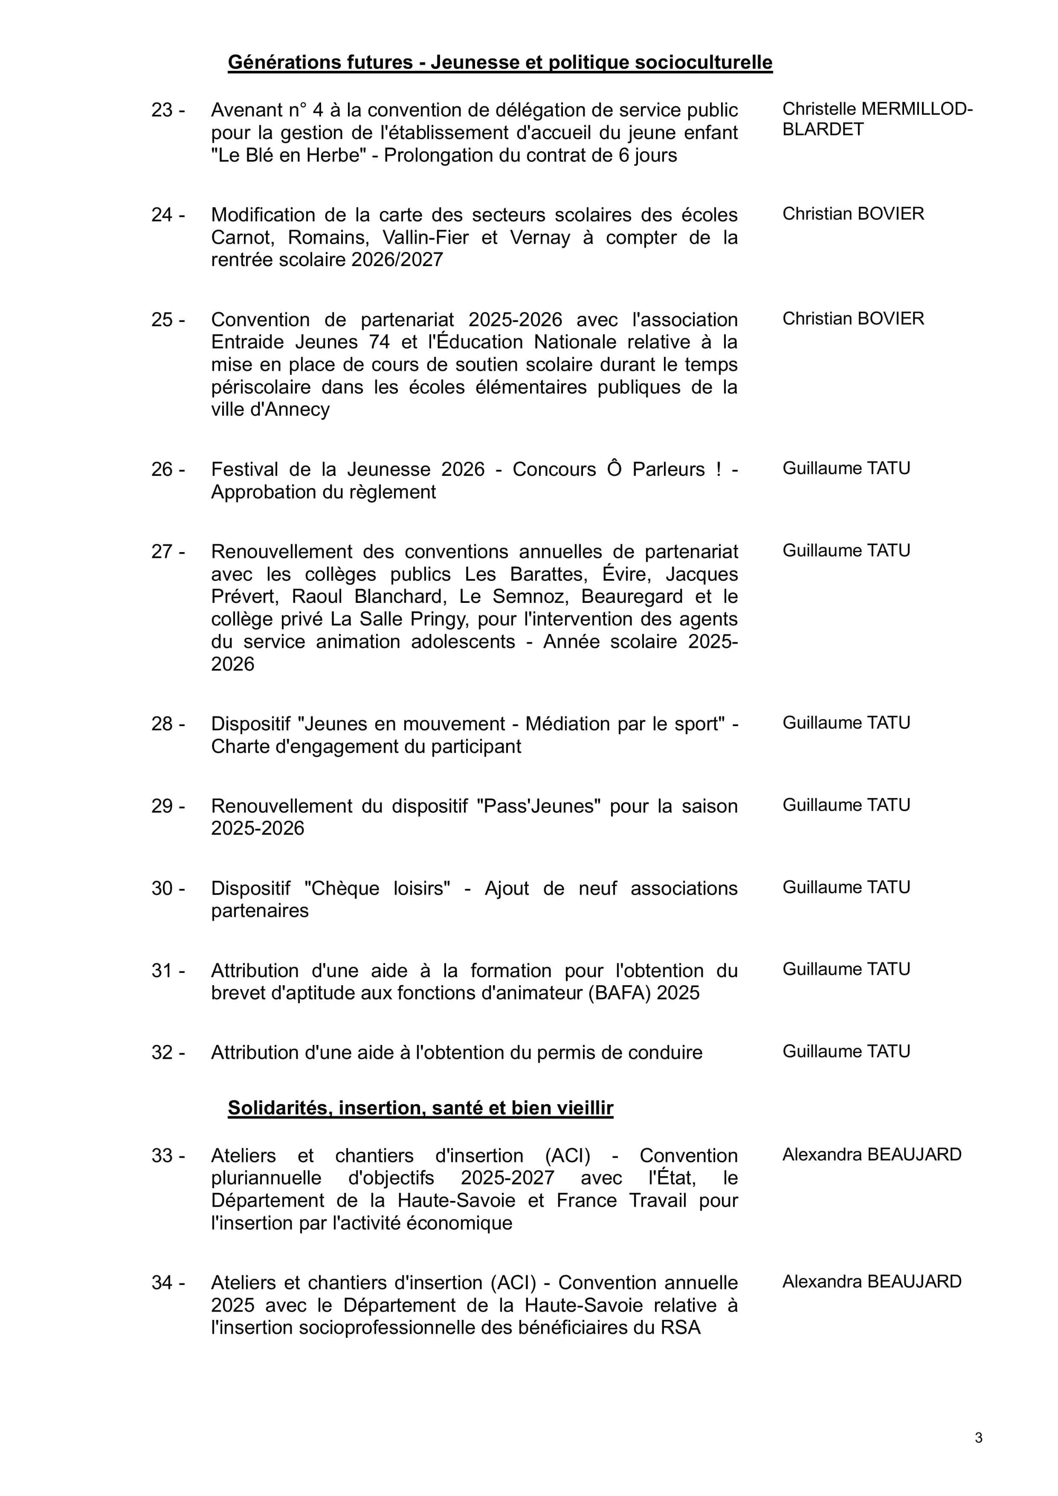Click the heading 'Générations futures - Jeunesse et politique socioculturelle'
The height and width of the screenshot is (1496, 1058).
500,62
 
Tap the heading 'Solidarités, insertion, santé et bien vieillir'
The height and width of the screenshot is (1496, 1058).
421,1108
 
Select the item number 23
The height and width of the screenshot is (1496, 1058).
162,111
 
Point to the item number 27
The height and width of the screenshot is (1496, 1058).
162,552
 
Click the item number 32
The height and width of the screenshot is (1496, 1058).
162,1053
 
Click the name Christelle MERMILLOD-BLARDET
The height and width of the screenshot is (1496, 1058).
876,119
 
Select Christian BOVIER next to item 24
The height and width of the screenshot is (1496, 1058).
853,214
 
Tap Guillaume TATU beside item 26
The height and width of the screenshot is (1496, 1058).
846,469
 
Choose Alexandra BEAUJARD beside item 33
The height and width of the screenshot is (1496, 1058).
872,1154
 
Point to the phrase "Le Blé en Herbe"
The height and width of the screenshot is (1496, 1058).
287,155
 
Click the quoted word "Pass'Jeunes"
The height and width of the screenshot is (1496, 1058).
539,806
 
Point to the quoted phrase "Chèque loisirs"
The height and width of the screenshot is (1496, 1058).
377,889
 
